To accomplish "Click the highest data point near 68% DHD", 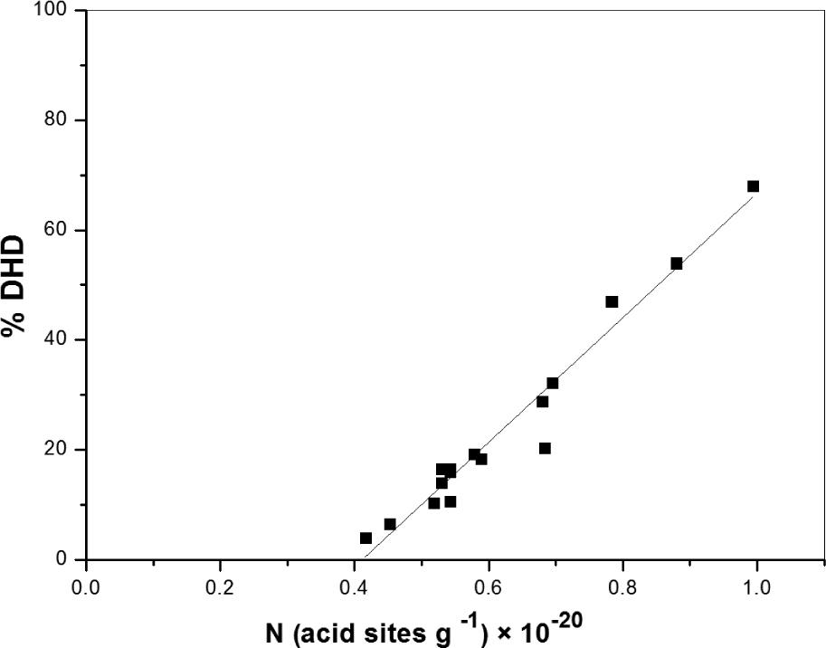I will (x=753, y=186).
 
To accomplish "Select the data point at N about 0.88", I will (x=677, y=263).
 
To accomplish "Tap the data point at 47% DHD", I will (x=612, y=301).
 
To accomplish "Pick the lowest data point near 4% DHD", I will (x=366, y=538).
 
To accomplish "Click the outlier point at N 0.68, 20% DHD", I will (x=545, y=448).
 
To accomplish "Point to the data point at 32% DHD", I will (x=552, y=383).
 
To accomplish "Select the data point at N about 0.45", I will (x=390, y=524).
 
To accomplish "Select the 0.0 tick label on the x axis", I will (x=86, y=586).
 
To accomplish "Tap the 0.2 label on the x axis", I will (x=220, y=586).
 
